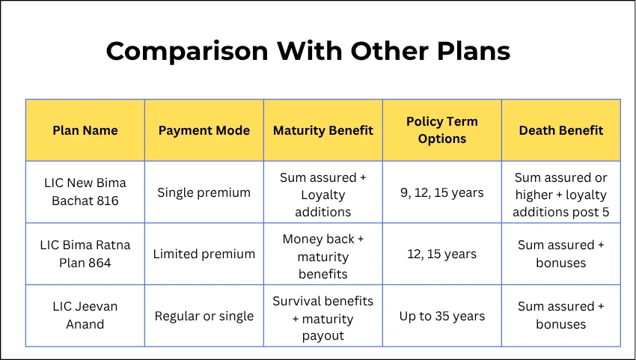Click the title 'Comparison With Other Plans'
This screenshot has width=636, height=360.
308,51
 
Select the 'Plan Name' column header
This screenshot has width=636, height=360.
85,130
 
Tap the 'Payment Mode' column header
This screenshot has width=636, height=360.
204,130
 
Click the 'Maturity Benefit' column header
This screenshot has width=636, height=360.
322,130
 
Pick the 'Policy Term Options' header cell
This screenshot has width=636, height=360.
441,130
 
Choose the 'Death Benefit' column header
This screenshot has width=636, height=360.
560,130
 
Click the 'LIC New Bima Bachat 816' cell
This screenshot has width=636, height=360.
85,192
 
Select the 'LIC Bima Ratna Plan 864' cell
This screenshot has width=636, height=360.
85,254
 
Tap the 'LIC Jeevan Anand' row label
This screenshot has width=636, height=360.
85,315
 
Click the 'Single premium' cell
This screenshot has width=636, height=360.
204,192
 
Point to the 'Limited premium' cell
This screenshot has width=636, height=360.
204,254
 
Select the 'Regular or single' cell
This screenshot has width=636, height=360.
204,316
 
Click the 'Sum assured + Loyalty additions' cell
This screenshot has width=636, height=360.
322,195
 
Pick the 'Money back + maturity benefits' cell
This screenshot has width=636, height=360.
322,257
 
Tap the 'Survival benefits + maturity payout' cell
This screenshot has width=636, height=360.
322,318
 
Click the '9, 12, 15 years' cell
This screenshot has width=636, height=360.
441,192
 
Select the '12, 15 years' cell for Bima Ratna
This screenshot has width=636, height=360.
441,254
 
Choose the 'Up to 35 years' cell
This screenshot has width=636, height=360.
441,316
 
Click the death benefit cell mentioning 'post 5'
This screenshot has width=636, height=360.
560,195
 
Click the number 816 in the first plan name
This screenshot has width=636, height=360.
106,201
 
